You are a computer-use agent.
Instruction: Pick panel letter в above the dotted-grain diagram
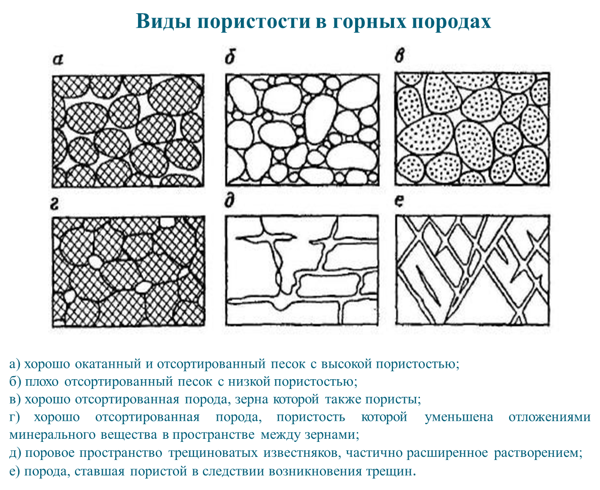(x=400, y=57)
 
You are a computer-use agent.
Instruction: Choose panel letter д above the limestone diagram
(x=229, y=202)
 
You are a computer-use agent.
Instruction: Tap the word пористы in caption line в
(x=394, y=400)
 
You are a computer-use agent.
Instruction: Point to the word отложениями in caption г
(x=549, y=417)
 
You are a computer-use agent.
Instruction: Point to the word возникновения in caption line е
(x=315, y=471)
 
